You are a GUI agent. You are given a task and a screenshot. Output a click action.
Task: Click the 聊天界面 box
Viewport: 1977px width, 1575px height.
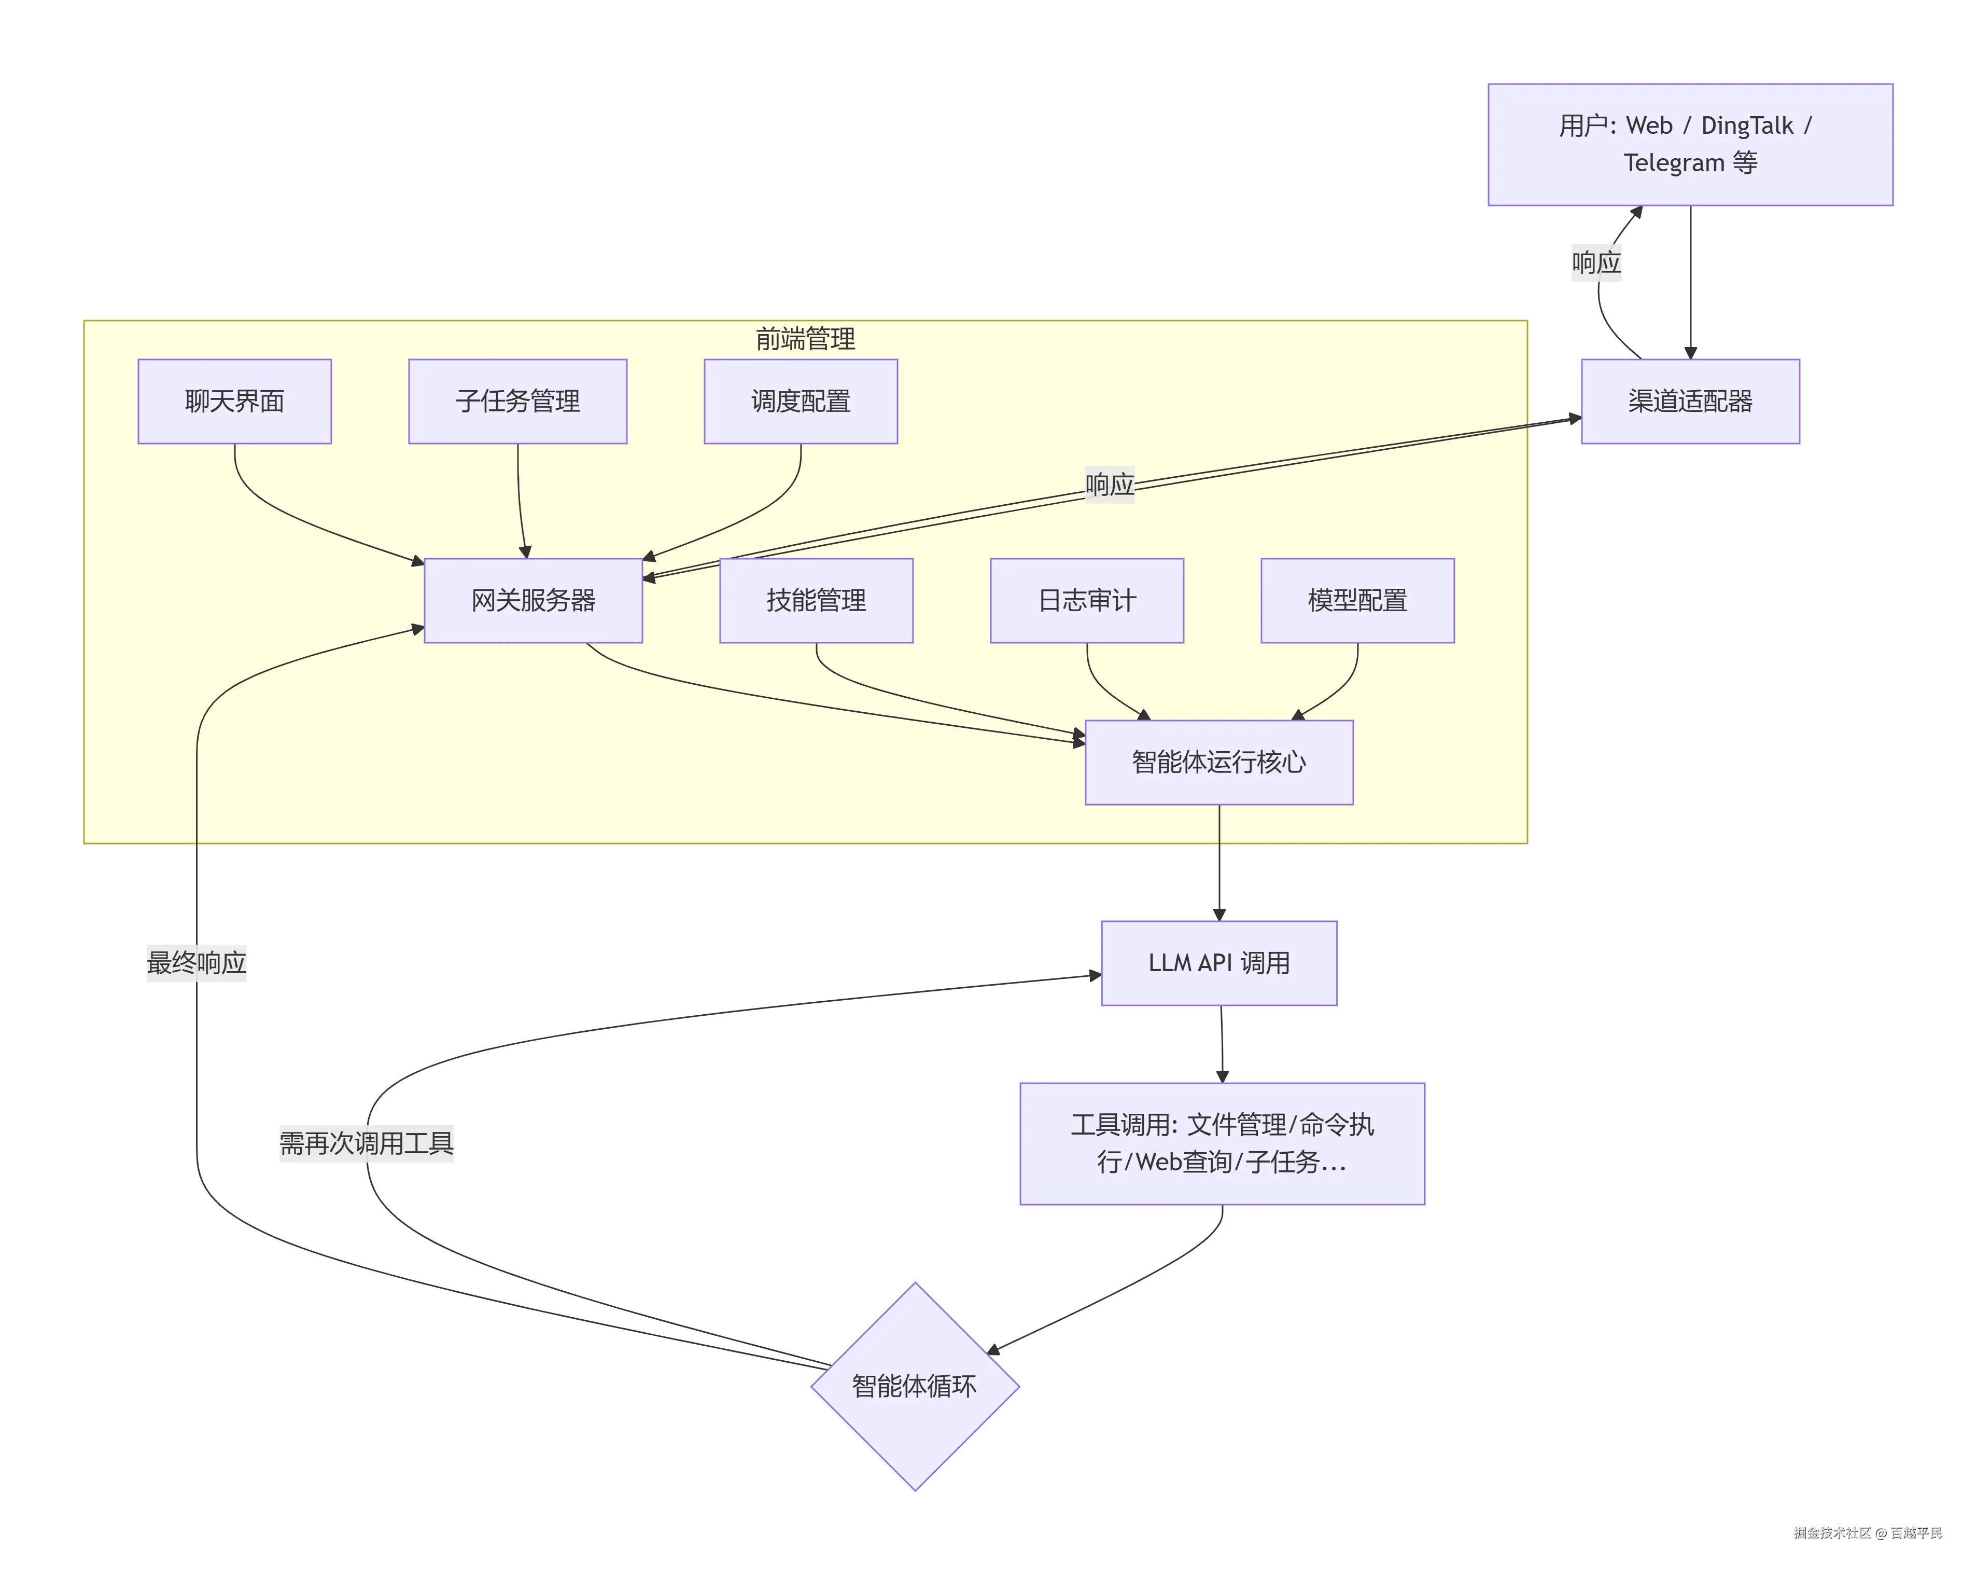tap(235, 401)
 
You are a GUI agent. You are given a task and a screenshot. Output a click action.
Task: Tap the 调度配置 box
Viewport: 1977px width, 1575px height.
tap(801, 401)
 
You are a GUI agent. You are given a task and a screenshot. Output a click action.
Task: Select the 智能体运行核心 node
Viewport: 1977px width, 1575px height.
tap(1218, 762)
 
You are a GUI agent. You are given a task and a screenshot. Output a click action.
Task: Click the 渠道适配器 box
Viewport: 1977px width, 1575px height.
tap(1690, 401)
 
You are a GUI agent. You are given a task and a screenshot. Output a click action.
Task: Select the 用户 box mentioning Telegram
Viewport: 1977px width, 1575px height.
tap(1690, 144)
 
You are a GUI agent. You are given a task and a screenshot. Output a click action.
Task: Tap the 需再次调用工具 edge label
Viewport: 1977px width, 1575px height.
tap(366, 1143)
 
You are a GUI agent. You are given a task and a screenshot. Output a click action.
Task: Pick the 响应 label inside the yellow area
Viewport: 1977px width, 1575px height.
tap(1110, 485)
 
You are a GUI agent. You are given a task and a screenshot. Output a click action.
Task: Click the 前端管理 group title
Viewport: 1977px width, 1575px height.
tap(805, 339)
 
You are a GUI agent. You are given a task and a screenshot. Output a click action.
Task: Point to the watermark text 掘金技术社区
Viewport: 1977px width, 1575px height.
tap(1832, 1533)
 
